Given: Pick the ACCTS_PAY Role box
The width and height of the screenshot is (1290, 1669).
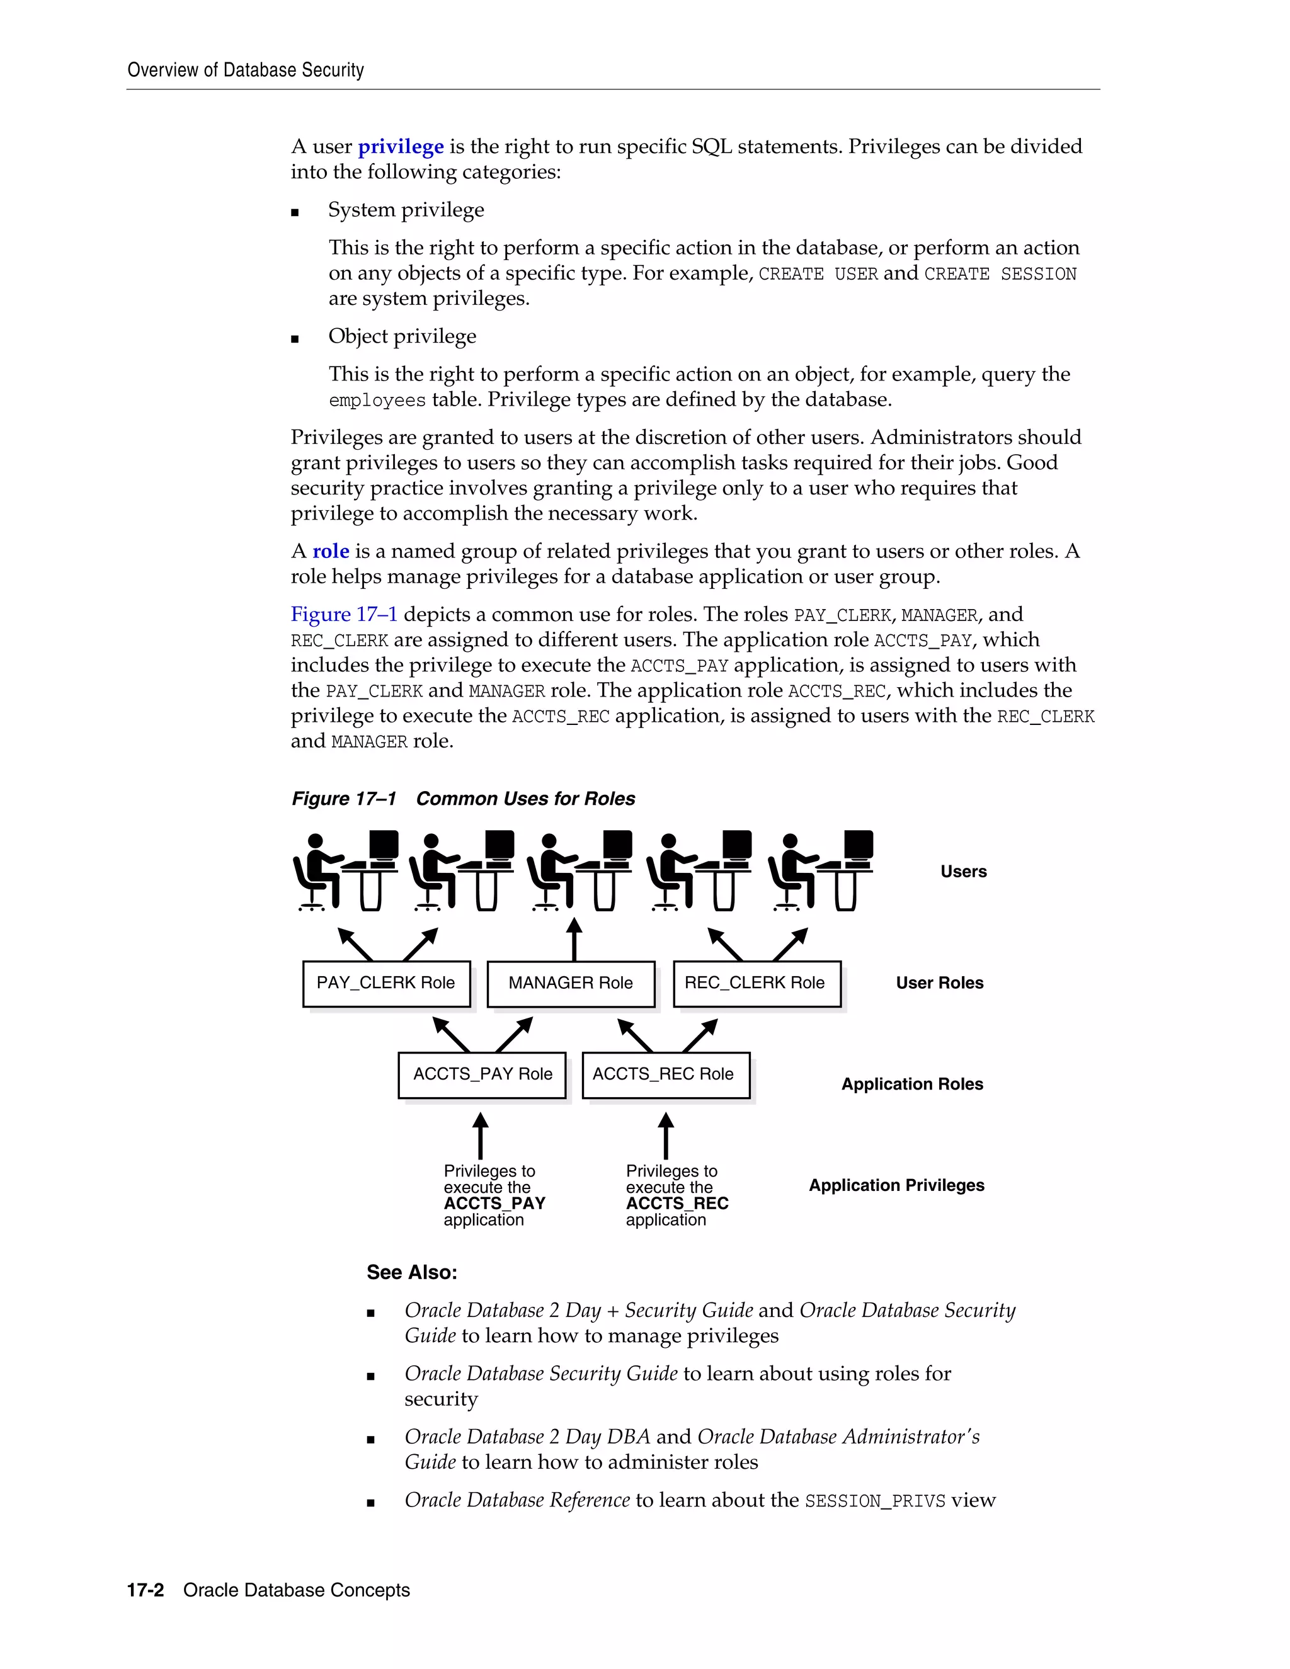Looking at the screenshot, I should (x=482, y=1074).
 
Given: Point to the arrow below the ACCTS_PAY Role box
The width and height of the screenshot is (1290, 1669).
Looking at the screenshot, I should (x=480, y=1136).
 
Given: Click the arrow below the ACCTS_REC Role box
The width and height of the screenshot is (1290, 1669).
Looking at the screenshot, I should (x=666, y=1136).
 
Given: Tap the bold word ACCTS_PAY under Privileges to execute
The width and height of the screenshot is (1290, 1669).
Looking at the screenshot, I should (x=494, y=1204).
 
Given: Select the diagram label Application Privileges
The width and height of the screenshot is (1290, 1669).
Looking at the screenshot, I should (x=896, y=1185).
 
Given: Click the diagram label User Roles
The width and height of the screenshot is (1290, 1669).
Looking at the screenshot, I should (x=939, y=983).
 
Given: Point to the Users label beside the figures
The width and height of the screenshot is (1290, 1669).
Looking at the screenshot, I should (x=963, y=872).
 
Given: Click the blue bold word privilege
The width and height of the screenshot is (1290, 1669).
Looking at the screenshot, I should (x=401, y=147).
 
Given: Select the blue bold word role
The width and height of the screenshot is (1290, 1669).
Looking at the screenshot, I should (x=330, y=552).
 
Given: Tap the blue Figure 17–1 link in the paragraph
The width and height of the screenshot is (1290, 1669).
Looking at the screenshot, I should (x=344, y=615).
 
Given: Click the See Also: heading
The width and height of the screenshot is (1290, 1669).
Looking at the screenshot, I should (x=412, y=1272).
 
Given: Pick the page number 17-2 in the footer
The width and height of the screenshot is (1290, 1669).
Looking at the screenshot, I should (x=146, y=1590).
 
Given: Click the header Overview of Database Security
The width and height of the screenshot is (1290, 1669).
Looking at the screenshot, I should (x=245, y=71).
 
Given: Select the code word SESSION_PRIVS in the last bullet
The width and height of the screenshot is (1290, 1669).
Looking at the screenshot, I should (x=874, y=1501).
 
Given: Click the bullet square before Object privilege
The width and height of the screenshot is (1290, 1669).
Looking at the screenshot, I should (x=295, y=339).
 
